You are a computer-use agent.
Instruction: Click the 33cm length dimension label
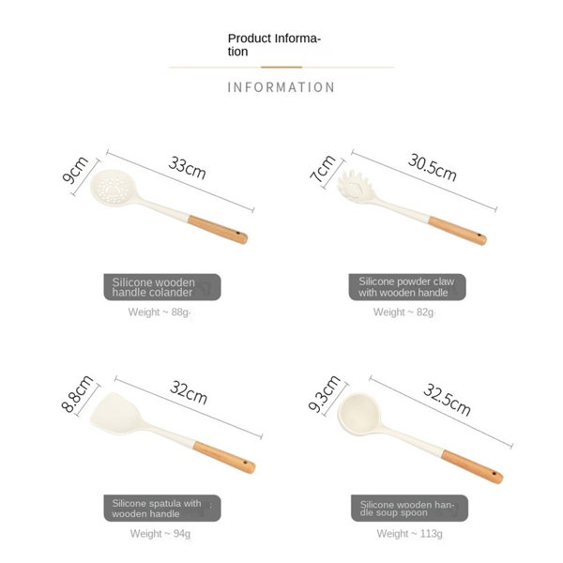[x=187, y=168]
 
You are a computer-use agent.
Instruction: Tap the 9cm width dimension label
[x=75, y=170]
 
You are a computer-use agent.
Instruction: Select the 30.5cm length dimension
[x=433, y=167]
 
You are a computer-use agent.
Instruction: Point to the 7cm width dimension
[x=323, y=168]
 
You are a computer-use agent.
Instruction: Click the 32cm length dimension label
[x=189, y=392]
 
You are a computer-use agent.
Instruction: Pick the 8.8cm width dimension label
[x=77, y=393]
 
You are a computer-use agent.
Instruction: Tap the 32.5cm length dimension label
[x=447, y=400]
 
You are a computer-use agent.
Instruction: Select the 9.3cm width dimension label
[x=325, y=393]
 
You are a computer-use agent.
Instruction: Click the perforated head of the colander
[x=114, y=188]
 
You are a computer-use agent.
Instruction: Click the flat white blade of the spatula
[x=116, y=414]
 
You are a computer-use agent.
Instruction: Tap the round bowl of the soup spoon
[x=358, y=412]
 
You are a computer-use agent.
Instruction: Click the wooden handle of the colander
[x=218, y=230]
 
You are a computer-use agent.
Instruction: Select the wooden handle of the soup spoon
[x=472, y=466]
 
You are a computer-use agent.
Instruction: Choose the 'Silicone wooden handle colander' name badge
[x=162, y=287]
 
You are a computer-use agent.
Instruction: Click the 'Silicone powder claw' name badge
[x=407, y=287]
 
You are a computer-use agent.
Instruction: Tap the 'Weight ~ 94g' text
[x=160, y=534]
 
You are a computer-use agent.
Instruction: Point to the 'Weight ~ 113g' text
[x=409, y=534]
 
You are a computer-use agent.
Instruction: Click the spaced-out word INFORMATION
[x=281, y=87]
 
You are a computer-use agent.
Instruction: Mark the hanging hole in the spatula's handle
[x=245, y=462]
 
